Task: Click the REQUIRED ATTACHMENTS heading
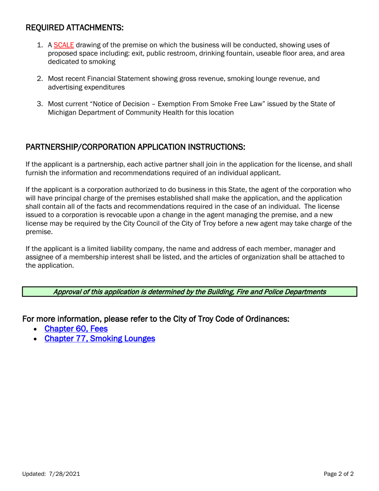[x=75, y=28]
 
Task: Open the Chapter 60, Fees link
[x=76, y=329]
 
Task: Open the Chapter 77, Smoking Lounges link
[x=99, y=339]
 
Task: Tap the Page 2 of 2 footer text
[x=338, y=474]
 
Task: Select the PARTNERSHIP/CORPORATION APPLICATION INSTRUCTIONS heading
[x=135, y=147]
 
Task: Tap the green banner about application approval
[x=189, y=292]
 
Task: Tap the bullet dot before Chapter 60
[x=36, y=330]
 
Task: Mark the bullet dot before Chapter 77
[x=36, y=339]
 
